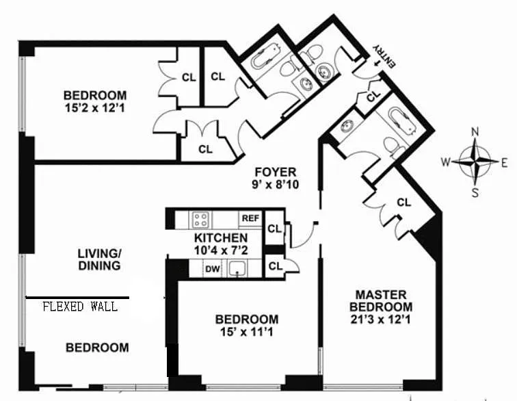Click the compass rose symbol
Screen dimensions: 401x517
click(475, 162)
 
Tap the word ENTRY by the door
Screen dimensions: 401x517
click(384, 55)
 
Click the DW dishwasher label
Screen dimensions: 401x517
click(213, 269)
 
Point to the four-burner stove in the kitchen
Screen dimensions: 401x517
click(200, 219)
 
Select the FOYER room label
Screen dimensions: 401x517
click(275, 172)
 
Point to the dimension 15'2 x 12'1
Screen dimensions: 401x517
click(95, 108)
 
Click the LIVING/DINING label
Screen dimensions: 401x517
click(98, 259)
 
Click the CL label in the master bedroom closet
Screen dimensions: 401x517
click(403, 203)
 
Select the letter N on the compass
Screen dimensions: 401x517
click(475, 132)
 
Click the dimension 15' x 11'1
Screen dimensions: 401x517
click(247, 332)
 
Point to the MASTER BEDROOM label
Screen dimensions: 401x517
click(383, 301)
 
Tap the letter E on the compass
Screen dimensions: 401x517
click(505, 162)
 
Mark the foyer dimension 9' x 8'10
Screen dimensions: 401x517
click(276, 184)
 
